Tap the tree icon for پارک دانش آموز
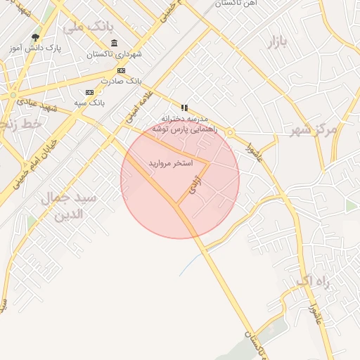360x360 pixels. [x=36, y=38]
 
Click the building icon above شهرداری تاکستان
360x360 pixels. [x=115, y=44]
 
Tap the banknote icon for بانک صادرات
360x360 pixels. [x=121, y=70]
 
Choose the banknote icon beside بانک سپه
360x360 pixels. [x=89, y=92]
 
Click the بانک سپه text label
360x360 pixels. [x=90, y=103]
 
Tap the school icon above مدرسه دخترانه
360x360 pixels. [x=184, y=108]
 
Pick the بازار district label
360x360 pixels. [x=278, y=42]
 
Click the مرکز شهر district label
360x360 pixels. [x=314, y=129]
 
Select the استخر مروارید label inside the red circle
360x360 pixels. [x=169, y=163]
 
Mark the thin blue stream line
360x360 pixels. [x=189, y=264]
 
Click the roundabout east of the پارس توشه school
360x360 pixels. [x=229, y=131]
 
